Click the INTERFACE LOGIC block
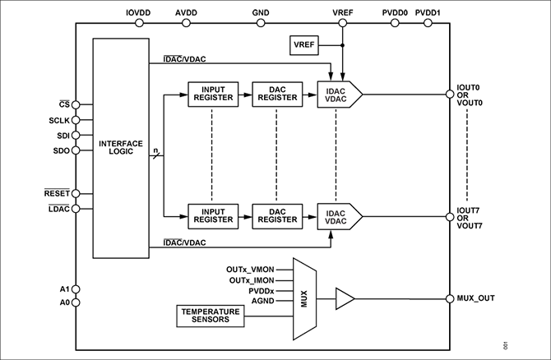point(121,148)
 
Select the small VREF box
point(304,45)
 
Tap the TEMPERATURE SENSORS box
point(211,316)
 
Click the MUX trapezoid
point(304,299)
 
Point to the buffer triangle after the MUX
point(345,299)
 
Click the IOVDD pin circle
point(139,23)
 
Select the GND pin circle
point(261,23)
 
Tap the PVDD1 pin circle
point(428,23)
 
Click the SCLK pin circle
point(76,120)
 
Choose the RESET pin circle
point(76,193)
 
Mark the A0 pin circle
point(76,302)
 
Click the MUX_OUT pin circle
point(450,299)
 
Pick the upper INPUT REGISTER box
point(213,95)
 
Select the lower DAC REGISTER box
point(277,216)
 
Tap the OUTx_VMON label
point(250,270)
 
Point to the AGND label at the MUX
point(263,301)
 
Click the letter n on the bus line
point(155,150)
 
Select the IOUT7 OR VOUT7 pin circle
point(450,217)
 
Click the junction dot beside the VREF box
point(343,45)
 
